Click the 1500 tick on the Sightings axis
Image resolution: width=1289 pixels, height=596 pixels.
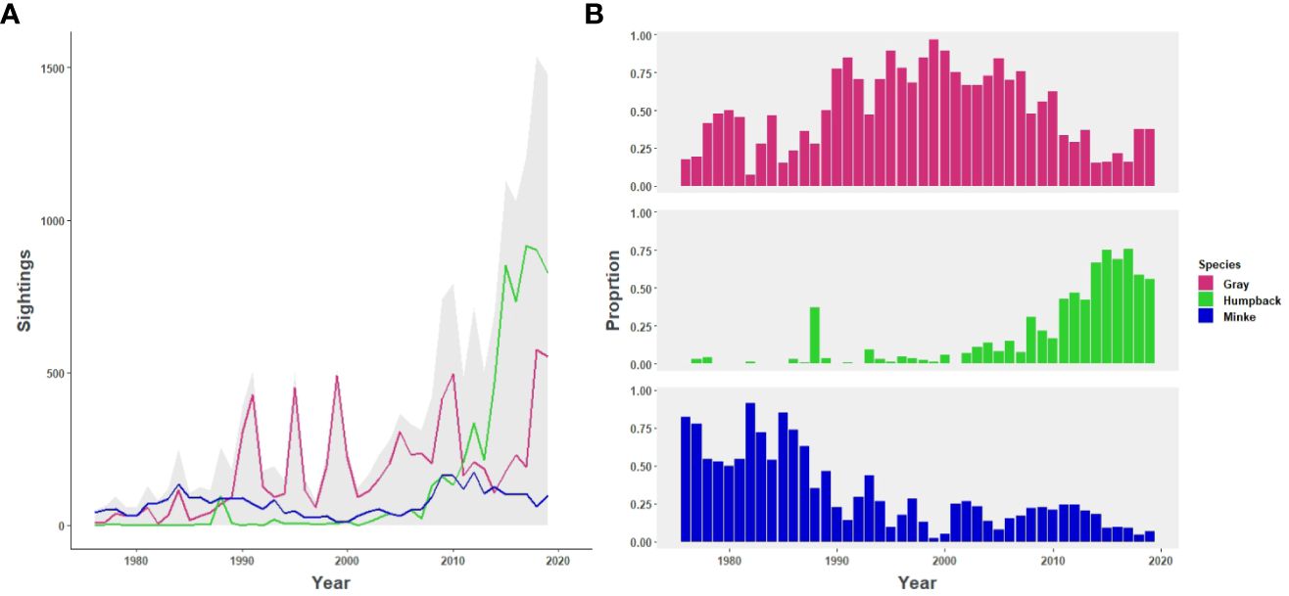click(44, 69)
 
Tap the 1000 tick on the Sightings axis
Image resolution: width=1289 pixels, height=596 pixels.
click(44, 221)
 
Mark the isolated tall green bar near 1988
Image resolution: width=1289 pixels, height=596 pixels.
click(815, 336)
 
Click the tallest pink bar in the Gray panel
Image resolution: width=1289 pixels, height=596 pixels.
click(933, 114)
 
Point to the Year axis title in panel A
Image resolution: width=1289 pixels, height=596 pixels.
click(331, 582)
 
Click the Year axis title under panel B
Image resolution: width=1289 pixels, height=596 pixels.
click(916, 583)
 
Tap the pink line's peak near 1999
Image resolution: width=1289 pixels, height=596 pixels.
click(337, 377)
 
